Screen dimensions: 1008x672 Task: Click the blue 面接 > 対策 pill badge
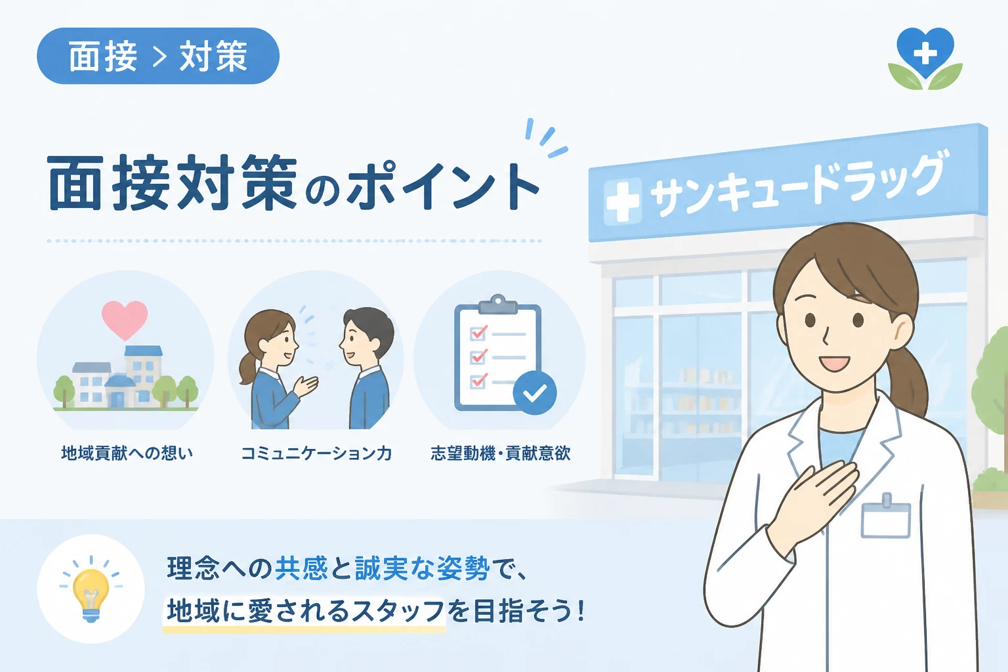pyautogui.click(x=158, y=56)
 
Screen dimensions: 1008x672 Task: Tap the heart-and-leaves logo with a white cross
pyautogui.click(x=925, y=58)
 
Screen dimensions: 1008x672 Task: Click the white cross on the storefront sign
pyautogui.click(x=622, y=201)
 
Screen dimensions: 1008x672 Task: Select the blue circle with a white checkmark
pyautogui.click(x=535, y=393)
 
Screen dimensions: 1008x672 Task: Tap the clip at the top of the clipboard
pyautogui.click(x=497, y=304)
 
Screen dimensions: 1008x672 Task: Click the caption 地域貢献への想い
pyautogui.click(x=127, y=453)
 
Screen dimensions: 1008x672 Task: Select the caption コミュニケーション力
pyautogui.click(x=316, y=453)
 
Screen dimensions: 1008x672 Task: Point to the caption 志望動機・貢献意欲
pyautogui.click(x=501, y=453)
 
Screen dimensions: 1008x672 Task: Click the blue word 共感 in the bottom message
pyautogui.click(x=301, y=568)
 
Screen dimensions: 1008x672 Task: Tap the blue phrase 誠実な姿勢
pyautogui.click(x=422, y=568)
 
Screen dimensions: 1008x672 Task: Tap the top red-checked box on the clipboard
pyautogui.click(x=478, y=333)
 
